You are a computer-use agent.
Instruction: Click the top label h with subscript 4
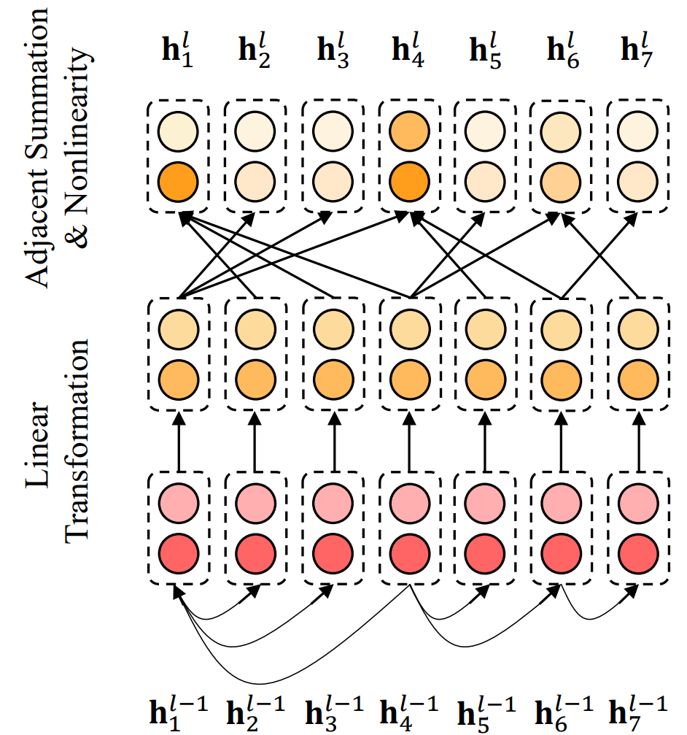pos(408,50)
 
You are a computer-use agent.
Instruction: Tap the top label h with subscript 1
pos(177,50)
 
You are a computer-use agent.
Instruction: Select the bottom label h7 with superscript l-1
pos(638,713)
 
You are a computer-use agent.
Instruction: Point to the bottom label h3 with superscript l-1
pos(334,713)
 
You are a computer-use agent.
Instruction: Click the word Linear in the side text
pos(37,445)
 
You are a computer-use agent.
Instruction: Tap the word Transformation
pos(77,441)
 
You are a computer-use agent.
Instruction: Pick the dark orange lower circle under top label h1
pos(178,182)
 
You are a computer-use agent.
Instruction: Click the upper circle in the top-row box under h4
pos(409,131)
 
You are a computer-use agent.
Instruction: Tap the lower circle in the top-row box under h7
pos(637,182)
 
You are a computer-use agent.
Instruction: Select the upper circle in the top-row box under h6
pos(561,131)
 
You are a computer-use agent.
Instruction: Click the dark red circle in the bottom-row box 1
pos(179,553)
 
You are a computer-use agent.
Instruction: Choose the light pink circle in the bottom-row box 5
pos(485,504)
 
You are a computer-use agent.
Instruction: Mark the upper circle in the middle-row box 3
pos(333,329)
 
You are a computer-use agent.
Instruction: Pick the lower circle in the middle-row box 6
pos(561,380)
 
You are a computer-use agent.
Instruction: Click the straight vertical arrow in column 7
pos(639,442)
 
